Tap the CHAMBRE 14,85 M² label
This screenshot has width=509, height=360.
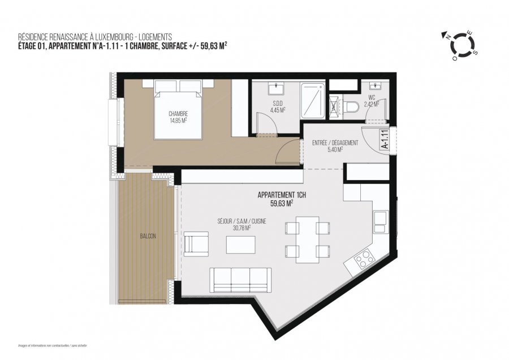(x=178, y=117)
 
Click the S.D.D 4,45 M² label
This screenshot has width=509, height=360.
(x=278, y=106)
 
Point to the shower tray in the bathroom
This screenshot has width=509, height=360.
(x=313, y=100)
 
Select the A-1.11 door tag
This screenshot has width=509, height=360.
(x=385, y=139)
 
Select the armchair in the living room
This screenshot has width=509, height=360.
(x=196, y=244)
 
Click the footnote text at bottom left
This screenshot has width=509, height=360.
(x=53, y=345)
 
